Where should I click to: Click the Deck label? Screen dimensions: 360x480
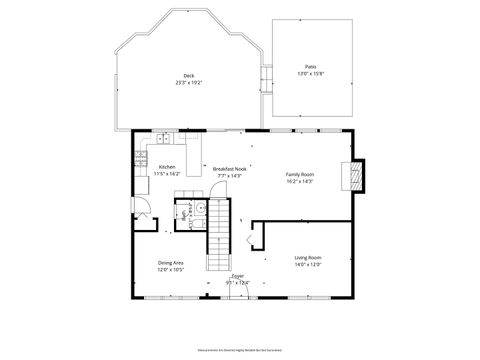click(x=188, y=76)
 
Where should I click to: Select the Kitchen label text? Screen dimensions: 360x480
click(x=167, y=167)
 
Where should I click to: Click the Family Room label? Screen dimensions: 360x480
click(x=301, y=174)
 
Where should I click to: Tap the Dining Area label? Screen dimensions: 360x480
click(x=170, y=263)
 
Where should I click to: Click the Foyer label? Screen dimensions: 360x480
click(x=238, y=276)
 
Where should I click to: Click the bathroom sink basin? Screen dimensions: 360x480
click(x=200, y=209)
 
